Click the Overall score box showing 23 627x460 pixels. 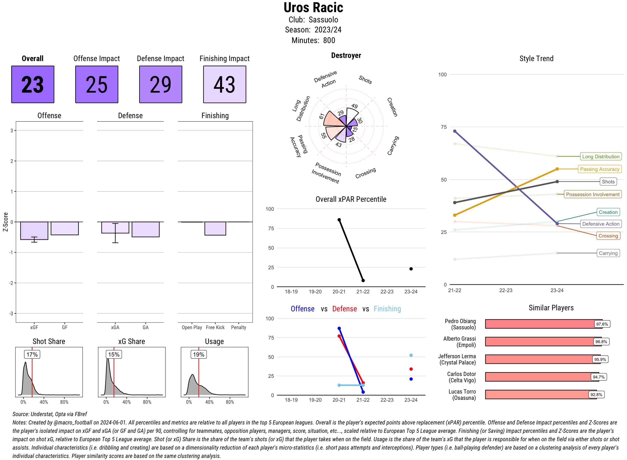[33, 84]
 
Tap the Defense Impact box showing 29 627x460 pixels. [161, 84]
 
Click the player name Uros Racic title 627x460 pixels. [313, 8]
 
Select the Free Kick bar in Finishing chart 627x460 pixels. [215, 228]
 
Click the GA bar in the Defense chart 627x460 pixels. [145, 229]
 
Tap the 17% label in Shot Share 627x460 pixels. [32, 354]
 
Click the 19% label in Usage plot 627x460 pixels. [199, 354]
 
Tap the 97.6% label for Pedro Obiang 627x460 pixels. [602, 324]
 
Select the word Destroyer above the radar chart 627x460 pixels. [346, 55]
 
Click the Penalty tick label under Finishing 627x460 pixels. [238, 327]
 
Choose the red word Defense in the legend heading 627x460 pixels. [344, 309]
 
